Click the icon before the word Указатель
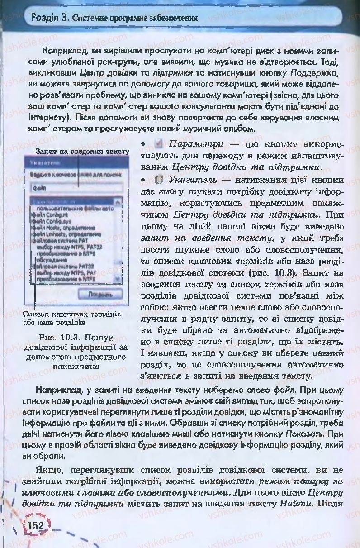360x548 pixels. pyautogui.click(x=158, y=180)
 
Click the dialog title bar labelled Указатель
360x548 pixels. pyautogui.click(x=72, y=163)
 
